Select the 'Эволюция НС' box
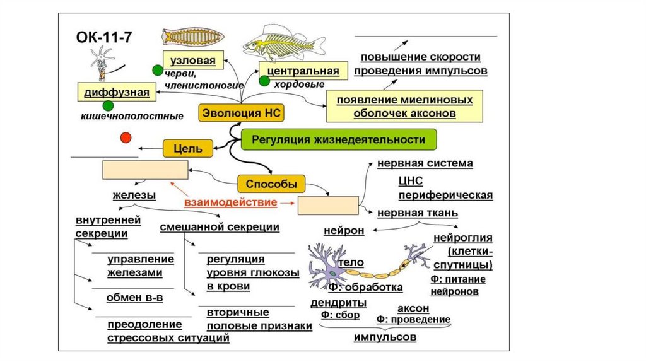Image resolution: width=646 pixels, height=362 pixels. (241, 114)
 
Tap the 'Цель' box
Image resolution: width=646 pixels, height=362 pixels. (183, 148)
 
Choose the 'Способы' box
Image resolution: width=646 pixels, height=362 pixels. (271, 184)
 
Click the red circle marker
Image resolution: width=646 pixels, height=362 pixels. (126, 137)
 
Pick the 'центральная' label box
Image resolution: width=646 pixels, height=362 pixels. (299, 71)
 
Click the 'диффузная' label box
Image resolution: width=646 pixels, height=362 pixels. (116, 93)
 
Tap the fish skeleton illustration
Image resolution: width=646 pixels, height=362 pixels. (283, 45)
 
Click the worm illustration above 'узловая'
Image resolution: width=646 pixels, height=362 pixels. (189, 37)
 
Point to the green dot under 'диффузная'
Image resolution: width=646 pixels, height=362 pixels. (108, 105)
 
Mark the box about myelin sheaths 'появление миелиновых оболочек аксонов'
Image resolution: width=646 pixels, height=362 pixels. (404, 107)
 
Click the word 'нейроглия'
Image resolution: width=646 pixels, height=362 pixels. (463, 238)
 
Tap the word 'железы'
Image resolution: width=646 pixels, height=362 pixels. (129, 195)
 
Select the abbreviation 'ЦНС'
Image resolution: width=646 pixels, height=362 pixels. (409, 181)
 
